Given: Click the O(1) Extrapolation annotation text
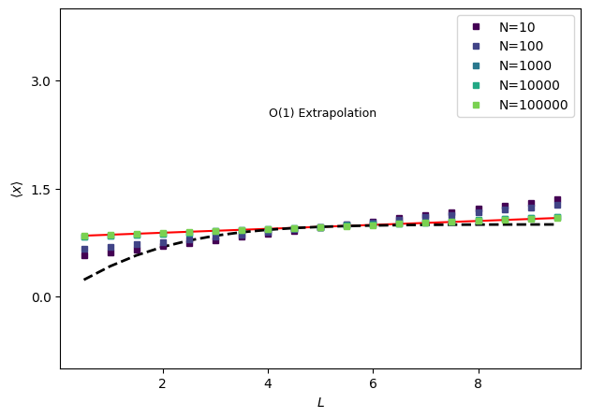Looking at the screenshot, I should pos(322,113).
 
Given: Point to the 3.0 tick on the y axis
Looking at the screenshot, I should pos(39,81).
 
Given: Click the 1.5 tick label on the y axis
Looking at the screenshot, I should pos(39,189).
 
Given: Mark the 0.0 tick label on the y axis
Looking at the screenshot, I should pos(39,297).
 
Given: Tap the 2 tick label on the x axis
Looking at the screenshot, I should pos(163,383).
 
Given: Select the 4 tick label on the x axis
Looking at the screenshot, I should pos(268,383).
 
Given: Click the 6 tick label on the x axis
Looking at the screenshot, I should pos(373,383).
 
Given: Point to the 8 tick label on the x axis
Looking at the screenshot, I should pos(478,383).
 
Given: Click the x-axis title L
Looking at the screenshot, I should pos(320,403).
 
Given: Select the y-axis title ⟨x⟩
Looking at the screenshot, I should pos(16,189).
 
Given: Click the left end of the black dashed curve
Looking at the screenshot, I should pos(84,280).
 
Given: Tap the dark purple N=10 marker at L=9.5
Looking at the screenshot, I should pos(557,200).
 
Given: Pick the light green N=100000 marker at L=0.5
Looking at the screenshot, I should pos(84,237).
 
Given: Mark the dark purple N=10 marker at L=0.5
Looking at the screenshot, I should pos(84,254).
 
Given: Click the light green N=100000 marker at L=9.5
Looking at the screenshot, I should pos(557,218).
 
